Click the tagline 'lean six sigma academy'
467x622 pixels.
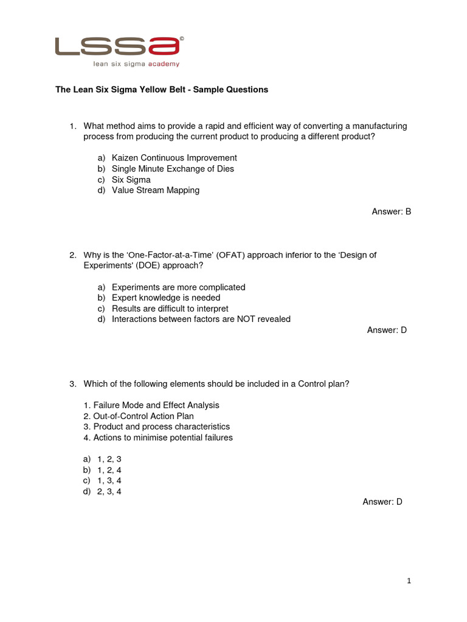click(x=136, y=63)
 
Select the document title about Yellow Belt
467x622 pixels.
click(x=162, y=89)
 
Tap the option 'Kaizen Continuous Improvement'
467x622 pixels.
click(x=174, y=158)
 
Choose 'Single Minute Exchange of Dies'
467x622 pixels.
click(x=173, y=169)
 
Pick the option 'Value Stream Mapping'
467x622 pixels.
click(x=155, y=190)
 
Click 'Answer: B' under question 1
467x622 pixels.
click(x=392, y=211)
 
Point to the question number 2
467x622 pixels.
click(x=72, y=255)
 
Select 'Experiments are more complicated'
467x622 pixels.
click(x=178, y=287)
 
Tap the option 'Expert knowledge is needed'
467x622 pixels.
click(x=165, y=298)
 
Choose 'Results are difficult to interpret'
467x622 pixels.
click(x=170, y=309)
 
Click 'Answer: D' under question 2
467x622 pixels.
click(x=387, y=330)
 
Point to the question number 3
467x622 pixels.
click(x=72, y=384)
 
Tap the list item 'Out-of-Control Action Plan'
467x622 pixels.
click(x=144, y=416)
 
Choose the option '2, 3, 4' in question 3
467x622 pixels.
click(x=109, y=491)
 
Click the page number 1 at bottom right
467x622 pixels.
click(x=409, y=581)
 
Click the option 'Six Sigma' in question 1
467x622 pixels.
click(x=131, y=180)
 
